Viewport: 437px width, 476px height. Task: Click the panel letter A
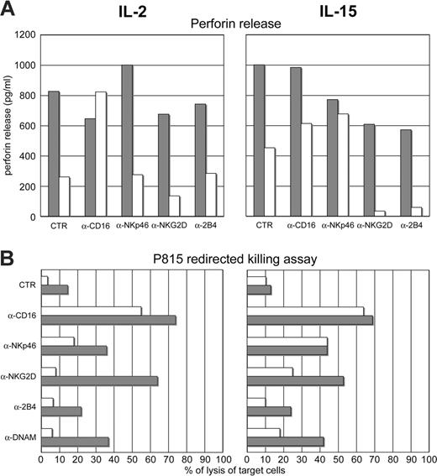[x=10, y=11]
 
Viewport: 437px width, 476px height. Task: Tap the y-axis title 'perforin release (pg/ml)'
[x=9, y=126]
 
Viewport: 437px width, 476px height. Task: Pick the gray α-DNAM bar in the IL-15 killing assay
[x=284, y=442]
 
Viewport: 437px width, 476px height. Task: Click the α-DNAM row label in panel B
[x=21, y=437]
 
